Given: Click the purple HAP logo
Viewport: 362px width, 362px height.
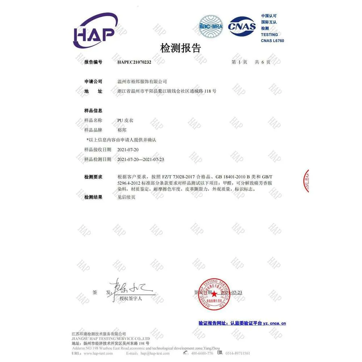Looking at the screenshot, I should click(x=95, y=31).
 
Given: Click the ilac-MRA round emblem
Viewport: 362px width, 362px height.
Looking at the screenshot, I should click(x=211, y=26).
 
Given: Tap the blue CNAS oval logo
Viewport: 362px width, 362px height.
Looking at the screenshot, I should click(x=242, y=26).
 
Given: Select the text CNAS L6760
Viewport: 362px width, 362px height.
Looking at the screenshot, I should click(x=272, y=41).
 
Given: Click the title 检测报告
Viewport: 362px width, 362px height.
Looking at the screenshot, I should click(x=180, y=48).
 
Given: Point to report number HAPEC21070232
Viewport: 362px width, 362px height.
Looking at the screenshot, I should click(x=134, y=62).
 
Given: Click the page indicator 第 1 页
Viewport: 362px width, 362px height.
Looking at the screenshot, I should click(x=239, y=62).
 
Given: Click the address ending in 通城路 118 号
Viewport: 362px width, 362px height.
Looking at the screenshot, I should click(x=167, y=91).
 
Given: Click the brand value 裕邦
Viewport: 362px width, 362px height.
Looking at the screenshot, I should click(x=122, y=130).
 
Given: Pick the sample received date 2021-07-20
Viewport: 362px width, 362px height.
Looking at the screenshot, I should click(x=128, y=150).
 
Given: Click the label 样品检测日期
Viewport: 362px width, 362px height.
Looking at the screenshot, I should click(x=98, y=159).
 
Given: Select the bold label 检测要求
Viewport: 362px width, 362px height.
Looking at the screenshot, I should click(x=93, y=177).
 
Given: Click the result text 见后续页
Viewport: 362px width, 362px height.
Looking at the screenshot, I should click(x=126, y=197).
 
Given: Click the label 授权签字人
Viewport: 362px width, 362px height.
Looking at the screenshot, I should click(x=131, y=299).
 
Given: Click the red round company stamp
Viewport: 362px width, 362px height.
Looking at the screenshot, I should click(x=214, y=295).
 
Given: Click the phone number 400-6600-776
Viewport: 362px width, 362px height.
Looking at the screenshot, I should click(x=202, y=353).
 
